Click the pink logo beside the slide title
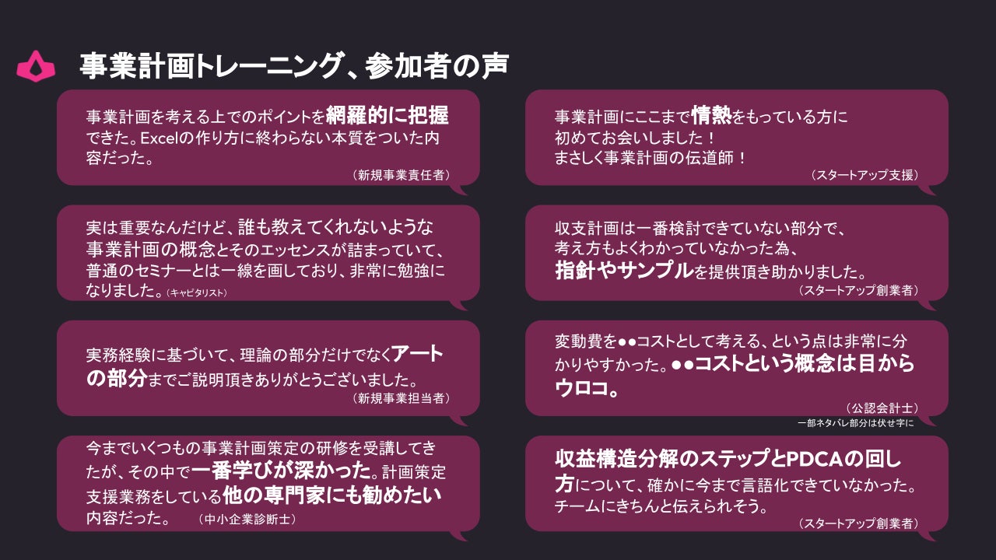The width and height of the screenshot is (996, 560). (x=36, y=66)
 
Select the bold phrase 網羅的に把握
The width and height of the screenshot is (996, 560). (x=387, y=116)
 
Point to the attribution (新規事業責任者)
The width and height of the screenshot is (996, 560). (x=401, y=175)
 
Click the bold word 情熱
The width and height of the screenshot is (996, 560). (x=710, y=116)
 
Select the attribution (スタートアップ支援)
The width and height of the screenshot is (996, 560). (x=864, y=175)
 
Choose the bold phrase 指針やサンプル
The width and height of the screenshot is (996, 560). (x=623, y=271)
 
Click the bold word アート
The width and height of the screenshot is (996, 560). (x=417, y=355)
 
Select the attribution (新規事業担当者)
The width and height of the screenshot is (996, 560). (x=401, y=397)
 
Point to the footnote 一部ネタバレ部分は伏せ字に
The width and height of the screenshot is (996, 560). (x=855, y=423)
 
